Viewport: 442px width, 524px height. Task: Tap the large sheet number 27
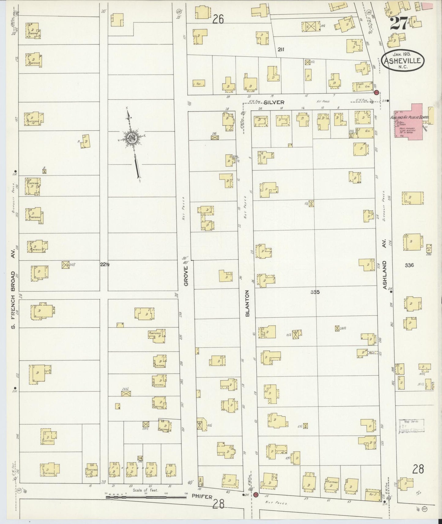(x=399, y=23)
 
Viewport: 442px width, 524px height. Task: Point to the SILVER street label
(x=274, y=102)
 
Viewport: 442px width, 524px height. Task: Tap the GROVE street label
(x=186, y=276)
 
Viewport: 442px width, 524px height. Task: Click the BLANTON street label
(x=247, y=303)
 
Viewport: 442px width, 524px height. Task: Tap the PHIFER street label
(x=202, y=496)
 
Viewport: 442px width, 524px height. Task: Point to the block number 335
(x=315, y=292)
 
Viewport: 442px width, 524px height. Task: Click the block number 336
(x=409, y=265)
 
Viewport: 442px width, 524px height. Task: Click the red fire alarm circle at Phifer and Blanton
(x=256, y=494)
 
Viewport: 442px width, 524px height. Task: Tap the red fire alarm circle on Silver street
(x=377, y=92)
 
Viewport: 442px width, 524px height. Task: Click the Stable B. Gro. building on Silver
(x=362, y=87)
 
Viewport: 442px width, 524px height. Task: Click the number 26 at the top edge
(x=218, y=19)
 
